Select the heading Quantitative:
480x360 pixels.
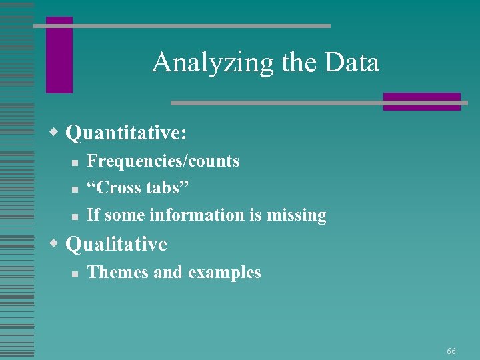point(126,133)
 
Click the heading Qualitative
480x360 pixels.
point(117,244)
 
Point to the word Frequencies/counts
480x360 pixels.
point(163,161)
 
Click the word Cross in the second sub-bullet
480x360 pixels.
point(121,188)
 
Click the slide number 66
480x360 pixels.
point(451,351)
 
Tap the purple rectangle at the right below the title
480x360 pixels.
point(421,101)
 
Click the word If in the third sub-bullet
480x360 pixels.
point(93,215)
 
